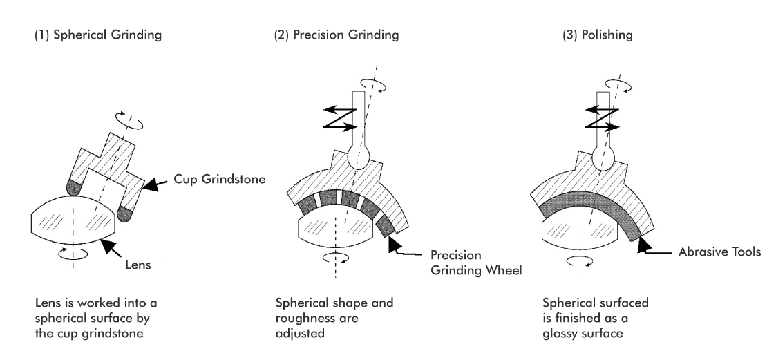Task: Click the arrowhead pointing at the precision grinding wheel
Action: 394,244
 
